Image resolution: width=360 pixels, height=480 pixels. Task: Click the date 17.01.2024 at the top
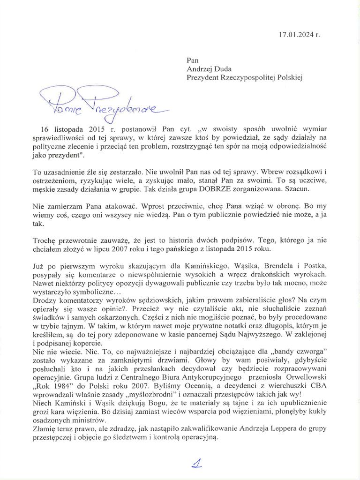pos(298,34)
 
